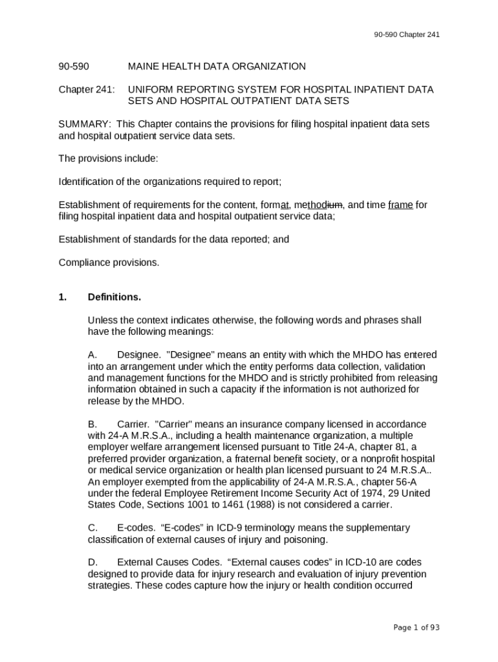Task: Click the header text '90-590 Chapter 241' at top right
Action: [x=407, y=34]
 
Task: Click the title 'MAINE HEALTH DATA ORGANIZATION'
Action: [x=217, y=67]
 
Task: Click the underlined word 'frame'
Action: [x=400, y=205]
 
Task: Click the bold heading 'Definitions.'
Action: [x=114, y=297]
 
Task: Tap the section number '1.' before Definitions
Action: [x=63, y=297]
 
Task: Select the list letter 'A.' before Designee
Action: [x=92, y=355]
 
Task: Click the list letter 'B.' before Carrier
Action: [x=92, y=424]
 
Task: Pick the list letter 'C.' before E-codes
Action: [x=93, y=528]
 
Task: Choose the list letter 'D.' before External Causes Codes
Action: [x=93, y=562]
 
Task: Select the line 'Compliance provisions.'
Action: [x=109, y=262]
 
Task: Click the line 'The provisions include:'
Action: [x=108, y=158]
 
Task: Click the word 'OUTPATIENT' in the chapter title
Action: [x=266, y=101]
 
